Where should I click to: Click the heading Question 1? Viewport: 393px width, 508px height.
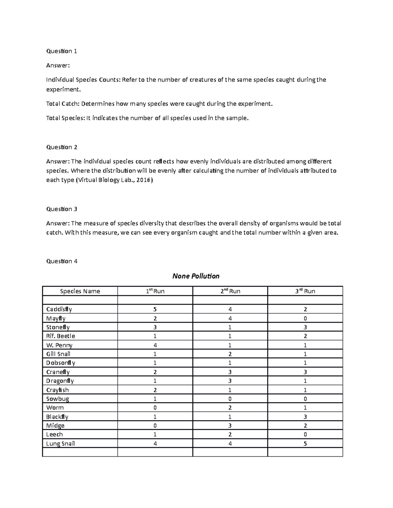click(62, 51)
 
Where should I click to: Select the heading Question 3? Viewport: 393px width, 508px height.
click(62, 209)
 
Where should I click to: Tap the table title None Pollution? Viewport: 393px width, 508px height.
click(196, 276)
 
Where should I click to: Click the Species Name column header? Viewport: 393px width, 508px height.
click(80, 291)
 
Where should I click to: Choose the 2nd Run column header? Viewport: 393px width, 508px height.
click(230, 291)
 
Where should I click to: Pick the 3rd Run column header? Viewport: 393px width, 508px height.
click(305, 291)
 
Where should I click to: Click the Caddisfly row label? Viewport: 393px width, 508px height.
click(59, 309)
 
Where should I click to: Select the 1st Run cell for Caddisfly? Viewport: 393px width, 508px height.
click(155, 309)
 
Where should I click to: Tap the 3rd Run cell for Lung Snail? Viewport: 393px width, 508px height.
click(305, 444)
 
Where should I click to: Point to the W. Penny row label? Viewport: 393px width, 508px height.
click(59, 345)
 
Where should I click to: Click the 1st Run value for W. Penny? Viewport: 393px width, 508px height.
click(155, 345)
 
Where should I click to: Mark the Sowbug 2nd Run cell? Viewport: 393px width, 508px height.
click(230, 399)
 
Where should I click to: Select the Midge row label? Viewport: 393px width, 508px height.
click(55, 426)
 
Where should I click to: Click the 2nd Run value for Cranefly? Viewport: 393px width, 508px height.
click(230, 372)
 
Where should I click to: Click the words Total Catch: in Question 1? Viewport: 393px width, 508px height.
click(63, 104)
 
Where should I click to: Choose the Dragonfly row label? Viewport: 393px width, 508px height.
click(60, 381)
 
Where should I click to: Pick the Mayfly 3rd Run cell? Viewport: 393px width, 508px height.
click(305, 318)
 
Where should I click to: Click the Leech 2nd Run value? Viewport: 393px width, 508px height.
click(230, 434)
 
